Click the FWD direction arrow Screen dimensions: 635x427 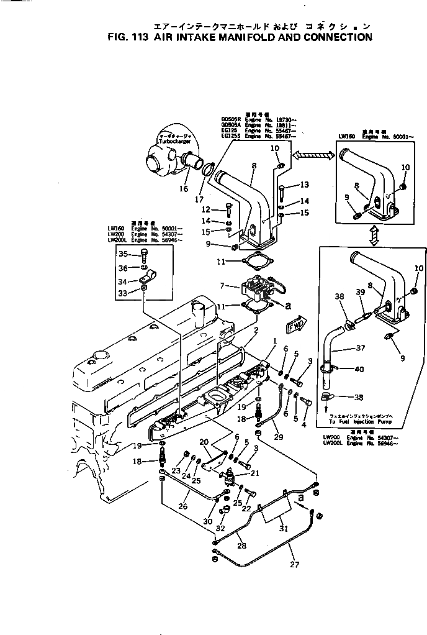pyautogui.click(x=295, y=324)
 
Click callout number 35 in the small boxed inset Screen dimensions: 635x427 pyautogui.click(x=123, y=254)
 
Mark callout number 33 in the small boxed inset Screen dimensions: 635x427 pyautogui.click(x=123, y=293)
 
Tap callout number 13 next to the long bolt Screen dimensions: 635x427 pyautogui.click(x=303, y=185)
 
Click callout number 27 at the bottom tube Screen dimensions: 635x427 pyautogui.click(x=294, y=565)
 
